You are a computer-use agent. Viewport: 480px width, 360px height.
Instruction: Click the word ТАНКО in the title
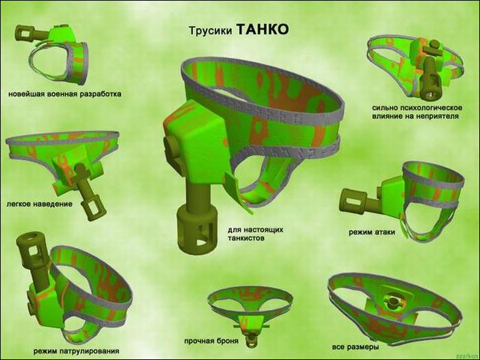tap(263, 29)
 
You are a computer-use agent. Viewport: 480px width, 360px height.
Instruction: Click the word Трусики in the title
tap(211, 31)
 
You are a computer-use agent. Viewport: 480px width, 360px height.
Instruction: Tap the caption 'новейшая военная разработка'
tap(64, 94)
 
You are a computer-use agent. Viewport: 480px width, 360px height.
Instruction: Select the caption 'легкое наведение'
tap(40, 204)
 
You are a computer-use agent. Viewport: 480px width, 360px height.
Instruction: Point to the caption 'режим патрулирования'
tap(76, 351)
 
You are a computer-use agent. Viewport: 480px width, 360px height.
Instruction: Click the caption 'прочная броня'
tap(211, 341)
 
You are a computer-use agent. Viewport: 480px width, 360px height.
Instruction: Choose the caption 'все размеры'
tap(356, 347)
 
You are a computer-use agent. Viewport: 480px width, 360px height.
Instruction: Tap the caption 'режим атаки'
tap(372, 232)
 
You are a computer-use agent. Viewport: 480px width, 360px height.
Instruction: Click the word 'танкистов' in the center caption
tap(246, 238)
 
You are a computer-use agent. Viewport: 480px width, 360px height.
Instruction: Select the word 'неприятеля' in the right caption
tap(438, 116)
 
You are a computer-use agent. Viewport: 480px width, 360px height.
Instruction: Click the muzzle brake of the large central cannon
tap(197, 229)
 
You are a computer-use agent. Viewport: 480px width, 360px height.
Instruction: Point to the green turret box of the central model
tap(196, 137)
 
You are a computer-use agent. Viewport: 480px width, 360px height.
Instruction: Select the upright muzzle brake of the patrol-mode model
tap(32, 245)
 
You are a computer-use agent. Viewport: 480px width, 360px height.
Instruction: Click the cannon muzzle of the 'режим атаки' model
tap(352, 202)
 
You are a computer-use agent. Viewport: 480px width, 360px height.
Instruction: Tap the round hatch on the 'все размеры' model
tap(391, 301)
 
